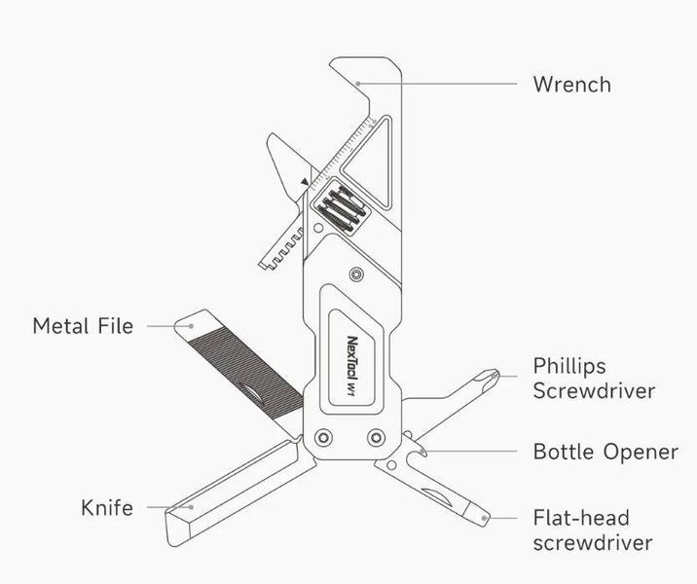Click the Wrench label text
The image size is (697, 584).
point(572,85)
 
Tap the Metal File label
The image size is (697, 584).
point(83,326)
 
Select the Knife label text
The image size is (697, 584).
point(107,507)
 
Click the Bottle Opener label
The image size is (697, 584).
point(605,452)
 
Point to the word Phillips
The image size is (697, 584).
point(569,367)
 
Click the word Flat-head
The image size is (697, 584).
point(581,518)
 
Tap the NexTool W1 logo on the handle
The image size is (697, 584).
point(351,366)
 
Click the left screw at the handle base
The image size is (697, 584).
point(323,438)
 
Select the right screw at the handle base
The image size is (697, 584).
point(376,438)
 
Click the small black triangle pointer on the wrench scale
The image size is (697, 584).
point(305,182)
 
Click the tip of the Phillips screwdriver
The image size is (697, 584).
point(496,374)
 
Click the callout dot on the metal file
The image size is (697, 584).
point(191,326)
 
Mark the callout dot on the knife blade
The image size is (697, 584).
point(191,507)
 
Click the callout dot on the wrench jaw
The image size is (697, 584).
point(358,83)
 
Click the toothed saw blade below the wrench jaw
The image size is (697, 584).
point(281,245)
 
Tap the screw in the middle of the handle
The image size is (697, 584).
point(356,274)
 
